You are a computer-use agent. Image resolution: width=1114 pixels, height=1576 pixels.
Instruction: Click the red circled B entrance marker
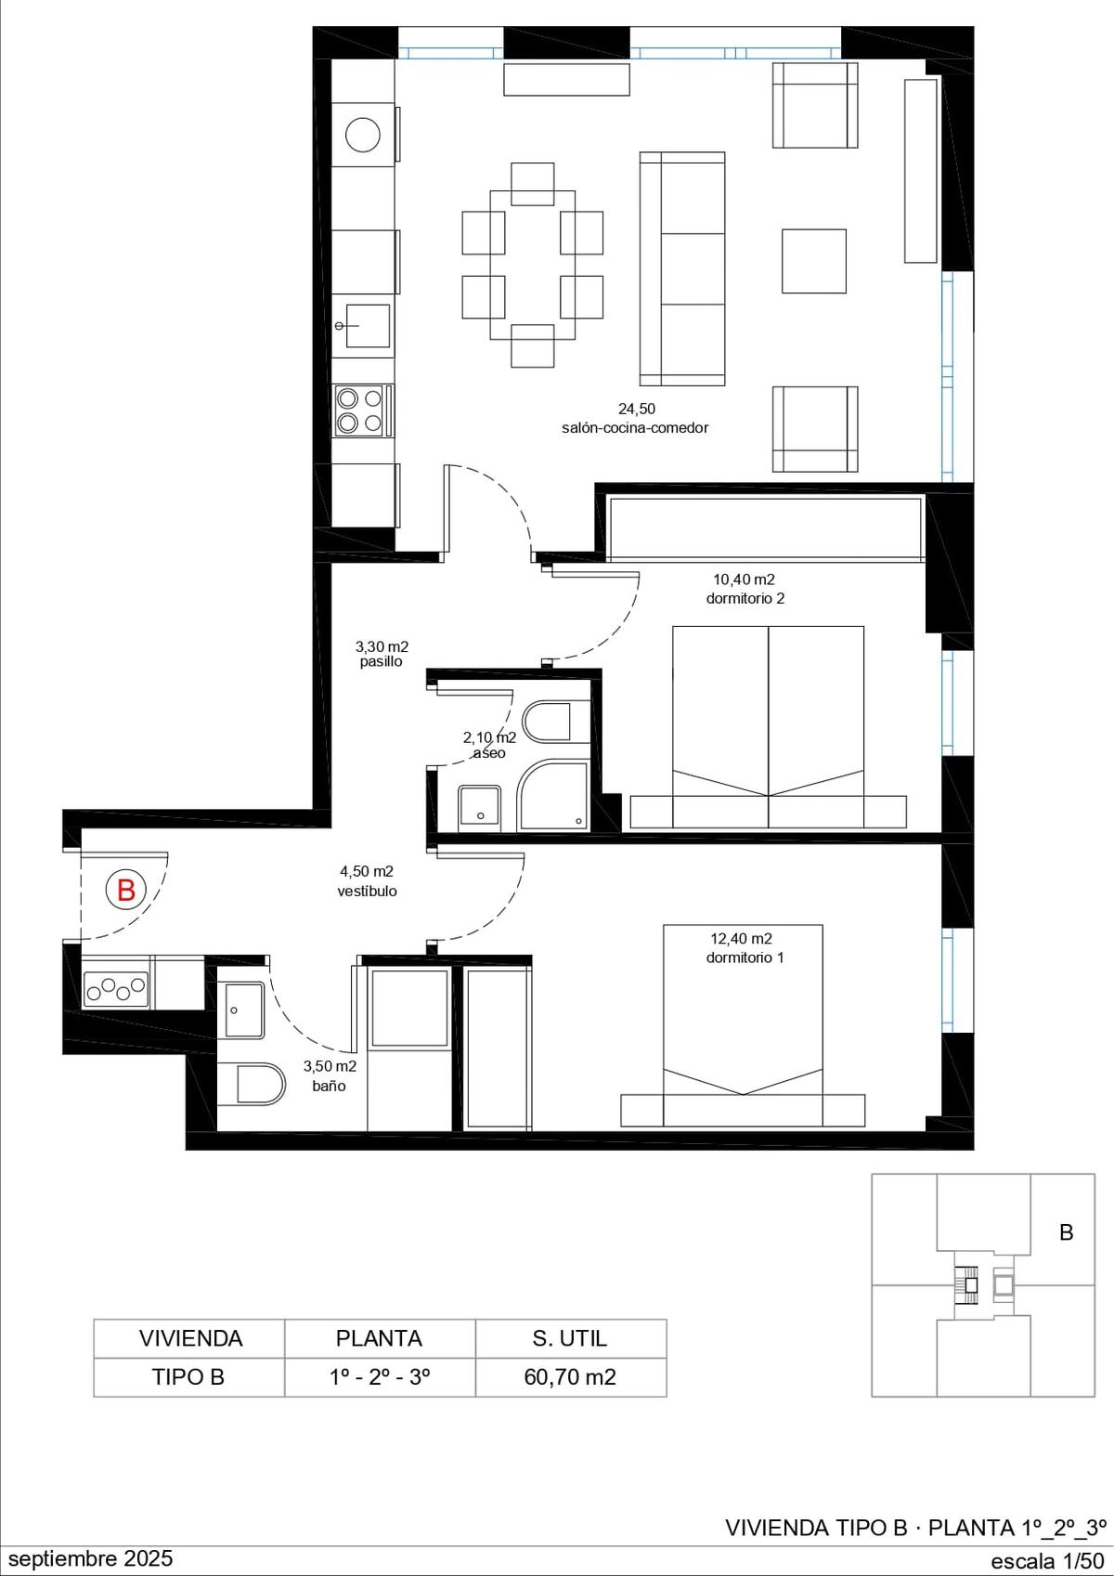tap(125, 890)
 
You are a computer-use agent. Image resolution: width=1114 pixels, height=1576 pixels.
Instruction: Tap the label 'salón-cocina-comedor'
tap(635, 428)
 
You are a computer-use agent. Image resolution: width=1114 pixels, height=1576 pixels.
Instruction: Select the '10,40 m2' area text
tap(745, 580)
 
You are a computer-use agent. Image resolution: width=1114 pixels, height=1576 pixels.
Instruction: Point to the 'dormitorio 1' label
tap(745, 957)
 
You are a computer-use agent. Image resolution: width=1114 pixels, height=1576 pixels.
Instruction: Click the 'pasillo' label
tap(382, 661)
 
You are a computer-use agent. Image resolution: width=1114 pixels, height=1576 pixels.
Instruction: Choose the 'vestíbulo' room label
tap(367, 892)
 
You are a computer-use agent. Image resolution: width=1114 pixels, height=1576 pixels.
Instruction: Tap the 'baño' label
tap(330, 1087)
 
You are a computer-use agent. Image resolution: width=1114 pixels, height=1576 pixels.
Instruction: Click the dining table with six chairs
tap(532, 265)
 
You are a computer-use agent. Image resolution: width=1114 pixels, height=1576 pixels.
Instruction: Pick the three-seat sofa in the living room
tap(682, 268)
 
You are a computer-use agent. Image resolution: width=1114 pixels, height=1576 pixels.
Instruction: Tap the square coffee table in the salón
tap(814, 260)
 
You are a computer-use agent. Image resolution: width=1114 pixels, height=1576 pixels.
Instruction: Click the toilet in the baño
tap(251, 1084)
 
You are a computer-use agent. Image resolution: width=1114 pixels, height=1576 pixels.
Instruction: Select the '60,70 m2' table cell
tap(570, 1377)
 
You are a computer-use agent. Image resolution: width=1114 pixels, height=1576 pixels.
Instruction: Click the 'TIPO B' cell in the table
tap(188, 1377)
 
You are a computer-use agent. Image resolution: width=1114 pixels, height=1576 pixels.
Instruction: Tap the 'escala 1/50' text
tap(1047, 1561)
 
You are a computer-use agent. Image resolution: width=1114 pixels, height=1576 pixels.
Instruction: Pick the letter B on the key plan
tap(1066, 1232)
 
